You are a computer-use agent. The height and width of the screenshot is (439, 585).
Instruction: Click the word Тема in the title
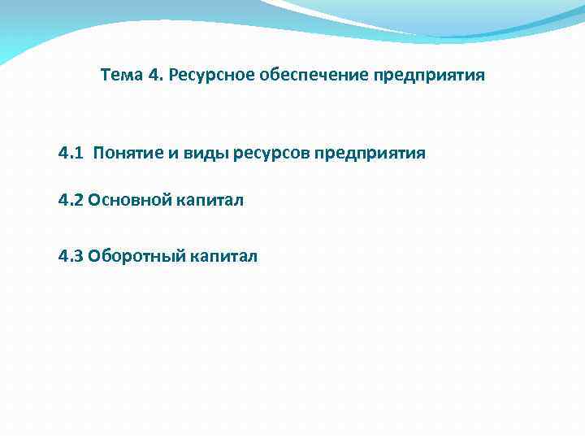[x=122, y=76]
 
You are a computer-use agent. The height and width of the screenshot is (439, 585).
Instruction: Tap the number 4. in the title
[x=156, y=76]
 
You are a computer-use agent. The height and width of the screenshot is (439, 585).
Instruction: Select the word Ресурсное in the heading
[x=211, y=76]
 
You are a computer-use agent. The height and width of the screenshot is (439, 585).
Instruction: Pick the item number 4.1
[x=71, y=154]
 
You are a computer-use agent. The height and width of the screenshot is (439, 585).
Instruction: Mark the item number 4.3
[x=71, y=257]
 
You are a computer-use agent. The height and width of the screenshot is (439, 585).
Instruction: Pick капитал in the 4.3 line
[x=223, y=257]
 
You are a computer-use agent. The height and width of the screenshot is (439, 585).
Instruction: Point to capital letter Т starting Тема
[x=105, y=76]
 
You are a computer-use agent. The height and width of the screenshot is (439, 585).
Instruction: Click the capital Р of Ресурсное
[x=175, y=76]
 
